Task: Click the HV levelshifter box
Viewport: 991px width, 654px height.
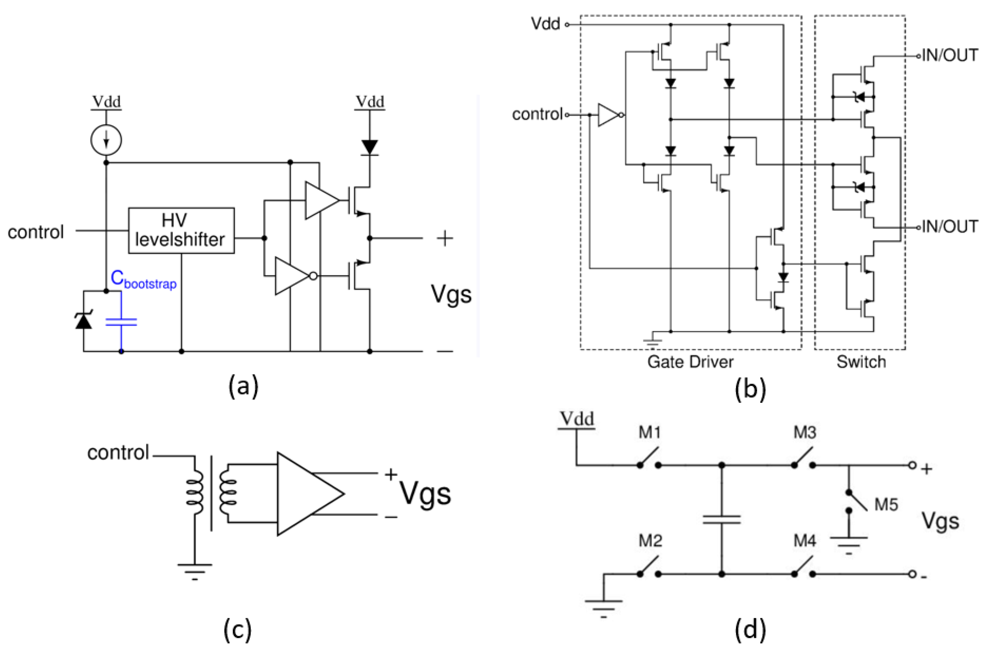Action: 181,230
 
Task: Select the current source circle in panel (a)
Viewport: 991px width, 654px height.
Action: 106,140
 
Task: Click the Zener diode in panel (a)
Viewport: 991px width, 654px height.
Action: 83,321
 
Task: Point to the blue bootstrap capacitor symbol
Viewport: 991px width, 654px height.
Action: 121,322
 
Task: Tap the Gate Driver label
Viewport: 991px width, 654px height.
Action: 690,361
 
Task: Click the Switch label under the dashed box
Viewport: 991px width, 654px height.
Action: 861,361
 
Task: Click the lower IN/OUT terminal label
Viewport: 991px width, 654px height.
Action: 949,227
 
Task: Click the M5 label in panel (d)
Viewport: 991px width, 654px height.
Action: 886,505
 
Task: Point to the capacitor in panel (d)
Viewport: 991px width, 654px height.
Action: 722,519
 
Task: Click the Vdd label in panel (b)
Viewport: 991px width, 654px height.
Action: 545,24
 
